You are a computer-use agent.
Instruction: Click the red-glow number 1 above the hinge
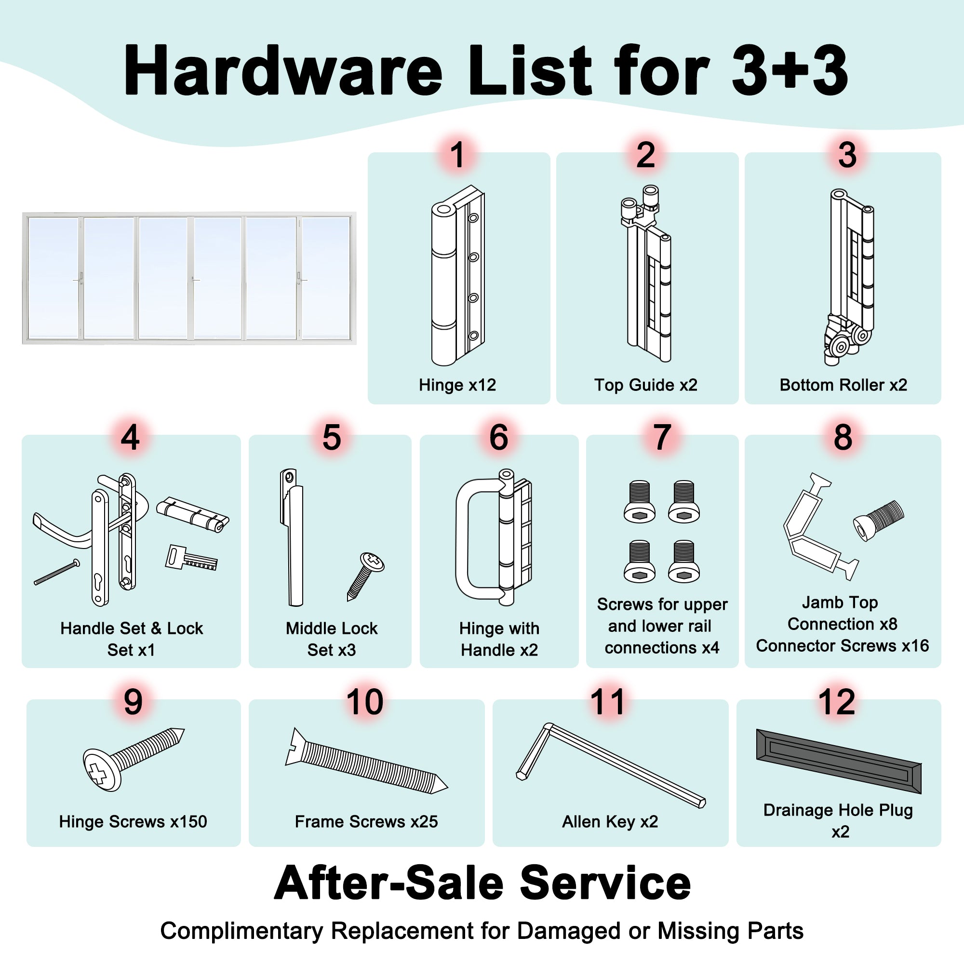457,155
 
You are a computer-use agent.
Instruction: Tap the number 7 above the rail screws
662,438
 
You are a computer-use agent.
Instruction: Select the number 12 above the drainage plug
837,702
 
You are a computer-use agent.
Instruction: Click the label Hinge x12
457,385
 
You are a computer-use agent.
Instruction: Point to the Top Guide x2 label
646,385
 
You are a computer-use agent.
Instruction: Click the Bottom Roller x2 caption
843,385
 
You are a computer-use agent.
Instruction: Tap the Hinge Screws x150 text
133,821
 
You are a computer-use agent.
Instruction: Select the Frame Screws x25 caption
366,821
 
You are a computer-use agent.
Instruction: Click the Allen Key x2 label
610,821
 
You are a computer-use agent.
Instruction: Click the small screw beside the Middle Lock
366,576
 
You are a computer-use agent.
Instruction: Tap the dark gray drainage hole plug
839,761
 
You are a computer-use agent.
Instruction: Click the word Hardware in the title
283,70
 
